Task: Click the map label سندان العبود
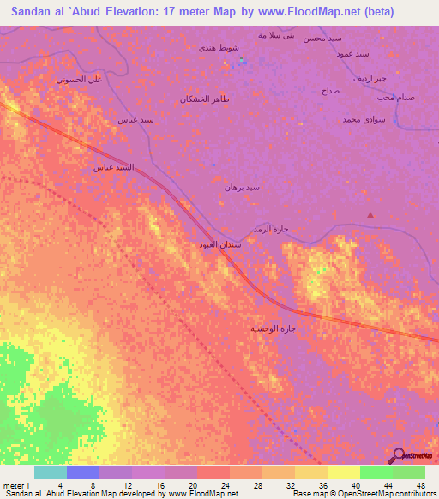click(x=219, y=245)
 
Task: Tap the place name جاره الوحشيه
click(x=272, y=328)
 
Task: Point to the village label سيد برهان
click(x=241, y=187)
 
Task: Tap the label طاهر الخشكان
click(x=205, y=100)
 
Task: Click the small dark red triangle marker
click(x=370, y=215)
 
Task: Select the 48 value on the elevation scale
click(x=420, y=485)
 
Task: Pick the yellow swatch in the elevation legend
click(x=343, y=472)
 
